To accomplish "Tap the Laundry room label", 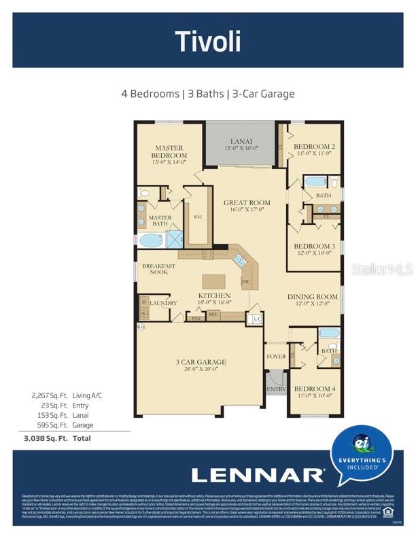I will [x=164, y=303].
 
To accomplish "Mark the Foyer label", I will [x=276, y=356].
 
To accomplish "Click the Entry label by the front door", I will [x=276, y=389].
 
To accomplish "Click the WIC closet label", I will [x=198, y=217].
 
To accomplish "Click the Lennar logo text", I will [x=258, y=475].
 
